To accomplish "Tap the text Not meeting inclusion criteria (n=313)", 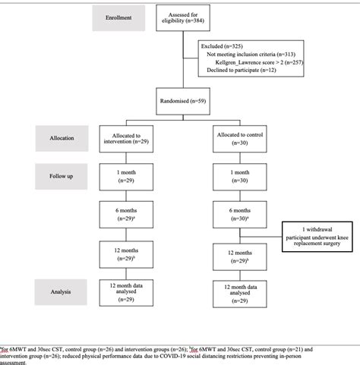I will pos(255,54).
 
